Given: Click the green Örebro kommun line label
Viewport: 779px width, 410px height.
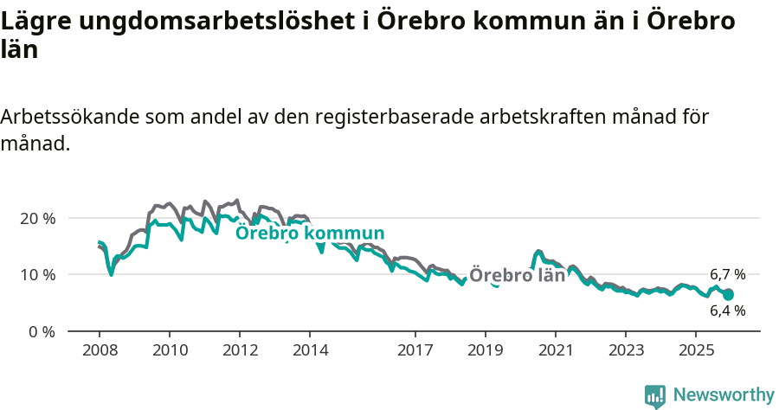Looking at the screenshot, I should [310, 234].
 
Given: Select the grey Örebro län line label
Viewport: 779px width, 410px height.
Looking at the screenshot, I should [517, 275].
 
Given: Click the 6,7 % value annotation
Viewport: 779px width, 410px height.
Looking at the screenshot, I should [727, 274].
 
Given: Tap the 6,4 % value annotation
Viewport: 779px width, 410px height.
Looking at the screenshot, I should [727, 311].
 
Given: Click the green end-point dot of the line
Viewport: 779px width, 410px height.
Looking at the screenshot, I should [728, 295].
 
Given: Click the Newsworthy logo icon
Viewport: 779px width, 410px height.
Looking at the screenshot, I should [655, 395].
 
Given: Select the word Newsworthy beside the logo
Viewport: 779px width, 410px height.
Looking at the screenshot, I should [724, 395].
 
